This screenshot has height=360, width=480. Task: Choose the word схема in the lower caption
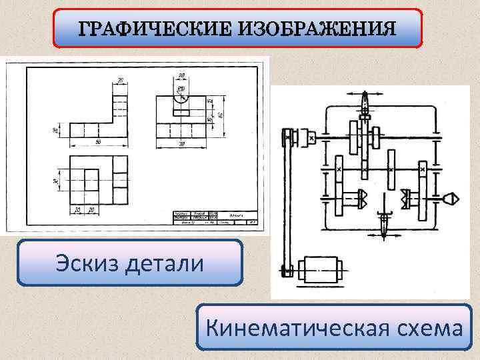click(427, 327)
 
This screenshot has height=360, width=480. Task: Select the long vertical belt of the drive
click(288, 200)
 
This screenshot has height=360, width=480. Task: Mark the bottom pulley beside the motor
click(287, 271)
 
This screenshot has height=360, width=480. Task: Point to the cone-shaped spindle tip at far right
click(449, 198)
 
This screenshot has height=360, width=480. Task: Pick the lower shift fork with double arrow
click(385, 217)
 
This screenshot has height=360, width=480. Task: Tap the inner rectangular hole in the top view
click(91, 182)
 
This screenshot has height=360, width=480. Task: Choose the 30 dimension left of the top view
click(57, 180)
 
